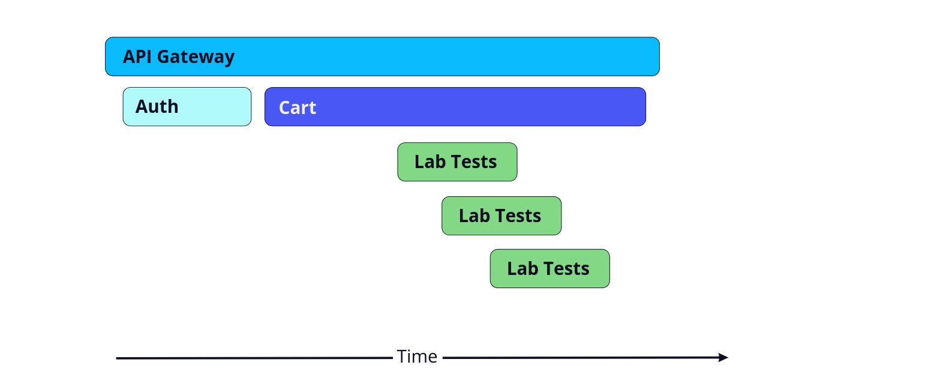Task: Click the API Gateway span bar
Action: pyautogui.click(x=382, y=56)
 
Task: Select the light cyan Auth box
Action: pyautogui.click(x=187, y=107)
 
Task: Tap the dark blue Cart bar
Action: pyautogui.click(x=455, y=107)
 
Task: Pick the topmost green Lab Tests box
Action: pyautogui.click(x=458, y=162)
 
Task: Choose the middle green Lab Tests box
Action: pyautogui.click(x=501, y=216)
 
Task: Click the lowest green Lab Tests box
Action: pyautogui.click(x=549, y=269)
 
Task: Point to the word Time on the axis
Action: pyautogui.click(x=417, y=357)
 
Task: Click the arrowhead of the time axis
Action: pyautogui.click(x=723, y=357)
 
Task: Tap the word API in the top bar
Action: pyautogui.click(x=137, y=56)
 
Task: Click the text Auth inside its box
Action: pyautogui.click(x=157, y=107)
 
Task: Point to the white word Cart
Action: pyautogui.click(x=298, y=108)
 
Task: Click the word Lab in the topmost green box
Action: pyautogui.click(x=430, y=161)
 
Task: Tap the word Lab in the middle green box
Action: pyautogui.click(x=474, y=216)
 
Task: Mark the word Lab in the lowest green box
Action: pyautogui.click(x=523, y=268)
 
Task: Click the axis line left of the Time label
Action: pyautogui.click(x=254, y=358)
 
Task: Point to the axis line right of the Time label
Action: pyautogui.click(x=581, y=358)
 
